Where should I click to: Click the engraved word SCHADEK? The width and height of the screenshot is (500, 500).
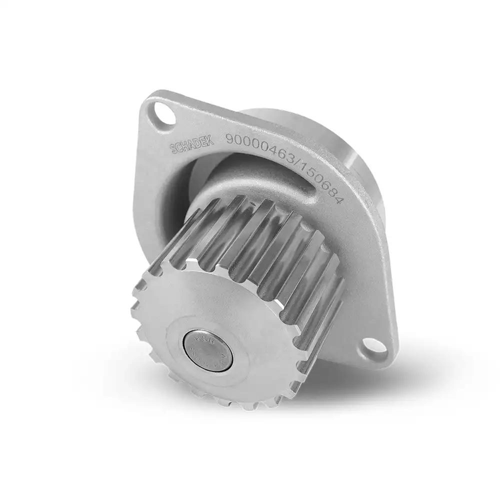click(x=192, y=145)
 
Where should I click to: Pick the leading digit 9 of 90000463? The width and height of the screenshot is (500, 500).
click(x=230, y=138)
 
